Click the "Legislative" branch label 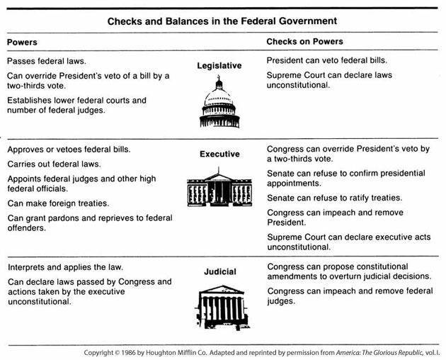point(219,66)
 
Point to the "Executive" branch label point(219,154)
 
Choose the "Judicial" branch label point(219,271)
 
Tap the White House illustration point(219,188)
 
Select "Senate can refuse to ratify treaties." point(334,198)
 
